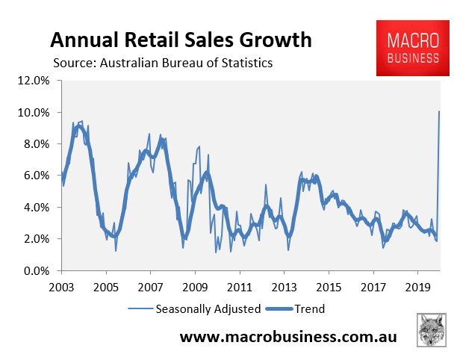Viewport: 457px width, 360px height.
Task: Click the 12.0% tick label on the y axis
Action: click(x=34, y=81)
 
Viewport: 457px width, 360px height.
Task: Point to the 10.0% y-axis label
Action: click(x=34, y=113)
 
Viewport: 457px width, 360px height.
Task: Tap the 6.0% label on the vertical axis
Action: click(x=37, y=176)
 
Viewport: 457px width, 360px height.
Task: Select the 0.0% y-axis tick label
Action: click(x=37, y=271)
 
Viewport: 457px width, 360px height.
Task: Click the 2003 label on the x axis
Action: click(x=61, y=288)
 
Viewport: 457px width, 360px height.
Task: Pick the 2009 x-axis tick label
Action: click(x=195, y=288)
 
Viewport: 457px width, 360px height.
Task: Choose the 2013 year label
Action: click(x=285, y=288)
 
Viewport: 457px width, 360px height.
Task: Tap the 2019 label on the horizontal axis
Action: click(x=417, y=288)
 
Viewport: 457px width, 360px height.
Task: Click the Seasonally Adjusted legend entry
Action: click(x=208, y=309)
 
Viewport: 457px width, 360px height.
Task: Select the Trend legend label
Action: click(x=310, y=309)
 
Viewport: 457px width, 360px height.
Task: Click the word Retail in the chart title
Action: click(x=152, y=40)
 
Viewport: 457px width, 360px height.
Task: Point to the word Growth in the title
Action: click(x=276, y=40)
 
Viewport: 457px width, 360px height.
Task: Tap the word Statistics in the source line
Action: click(x=247, y=63)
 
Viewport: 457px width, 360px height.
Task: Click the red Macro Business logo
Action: click(x=413, y=48)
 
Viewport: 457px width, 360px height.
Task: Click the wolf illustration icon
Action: click(x=432, y=330)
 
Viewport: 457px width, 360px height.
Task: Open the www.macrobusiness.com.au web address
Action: click(x=288, y=337)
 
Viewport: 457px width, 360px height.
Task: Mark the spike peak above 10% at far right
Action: click(x=439, y=111)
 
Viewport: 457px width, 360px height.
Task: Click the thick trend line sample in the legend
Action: click(x=279, y=309)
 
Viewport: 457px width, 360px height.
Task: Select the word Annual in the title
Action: click(x=84, y=40)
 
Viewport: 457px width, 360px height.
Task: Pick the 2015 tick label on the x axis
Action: click(x=329, y=288)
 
